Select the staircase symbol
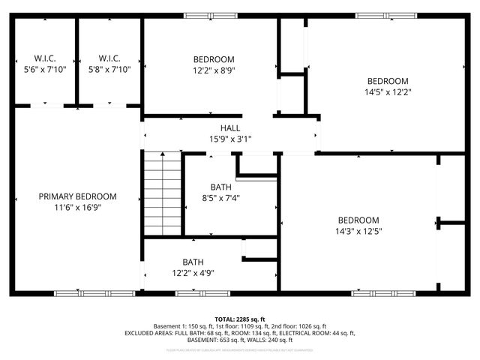point(163,193)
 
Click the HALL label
point(230,128)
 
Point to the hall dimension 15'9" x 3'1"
point(230,139)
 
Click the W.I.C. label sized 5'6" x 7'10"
point(45,58)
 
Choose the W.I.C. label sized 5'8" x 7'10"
point(109,58)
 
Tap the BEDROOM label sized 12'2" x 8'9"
point(214,59)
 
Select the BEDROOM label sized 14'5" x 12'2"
point(387,81)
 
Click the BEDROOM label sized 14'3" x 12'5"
point(358,220)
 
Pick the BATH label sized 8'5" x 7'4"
point(221,187)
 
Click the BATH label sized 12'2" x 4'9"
point(193,262)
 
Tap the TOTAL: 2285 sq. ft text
point(240,319)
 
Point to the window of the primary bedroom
point(94,292)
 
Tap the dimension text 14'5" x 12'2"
point(387,92)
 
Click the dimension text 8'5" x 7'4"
point(221,198)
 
